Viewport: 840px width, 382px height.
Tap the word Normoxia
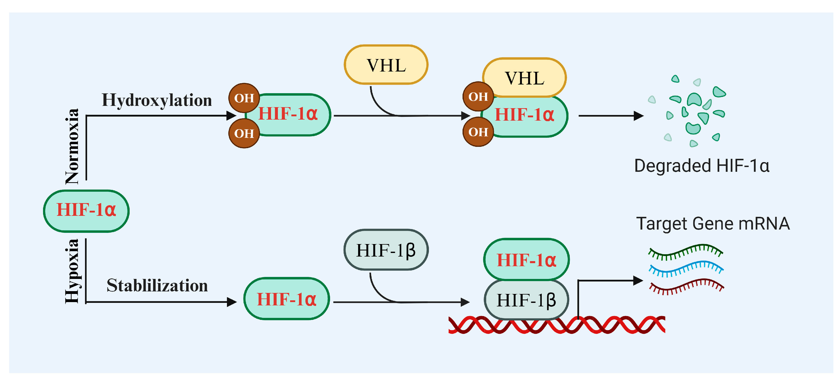72,147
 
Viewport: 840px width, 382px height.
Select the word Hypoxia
72,271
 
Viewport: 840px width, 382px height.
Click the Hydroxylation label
157,100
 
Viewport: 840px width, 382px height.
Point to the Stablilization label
157,286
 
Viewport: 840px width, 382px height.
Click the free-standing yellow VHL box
386,65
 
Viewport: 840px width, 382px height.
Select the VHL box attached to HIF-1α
525,78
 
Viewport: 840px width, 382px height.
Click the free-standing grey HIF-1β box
386,250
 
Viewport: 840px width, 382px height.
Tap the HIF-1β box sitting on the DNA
526,300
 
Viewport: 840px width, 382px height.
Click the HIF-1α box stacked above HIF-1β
526,260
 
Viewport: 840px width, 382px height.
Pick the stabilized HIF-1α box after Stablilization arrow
287,299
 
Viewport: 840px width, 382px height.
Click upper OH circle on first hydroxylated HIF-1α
244,98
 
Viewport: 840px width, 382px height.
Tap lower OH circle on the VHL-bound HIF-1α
478,132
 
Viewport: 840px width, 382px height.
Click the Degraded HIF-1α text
701,166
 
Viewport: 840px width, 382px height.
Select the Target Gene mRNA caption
713,224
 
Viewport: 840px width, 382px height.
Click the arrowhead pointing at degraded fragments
638,116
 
